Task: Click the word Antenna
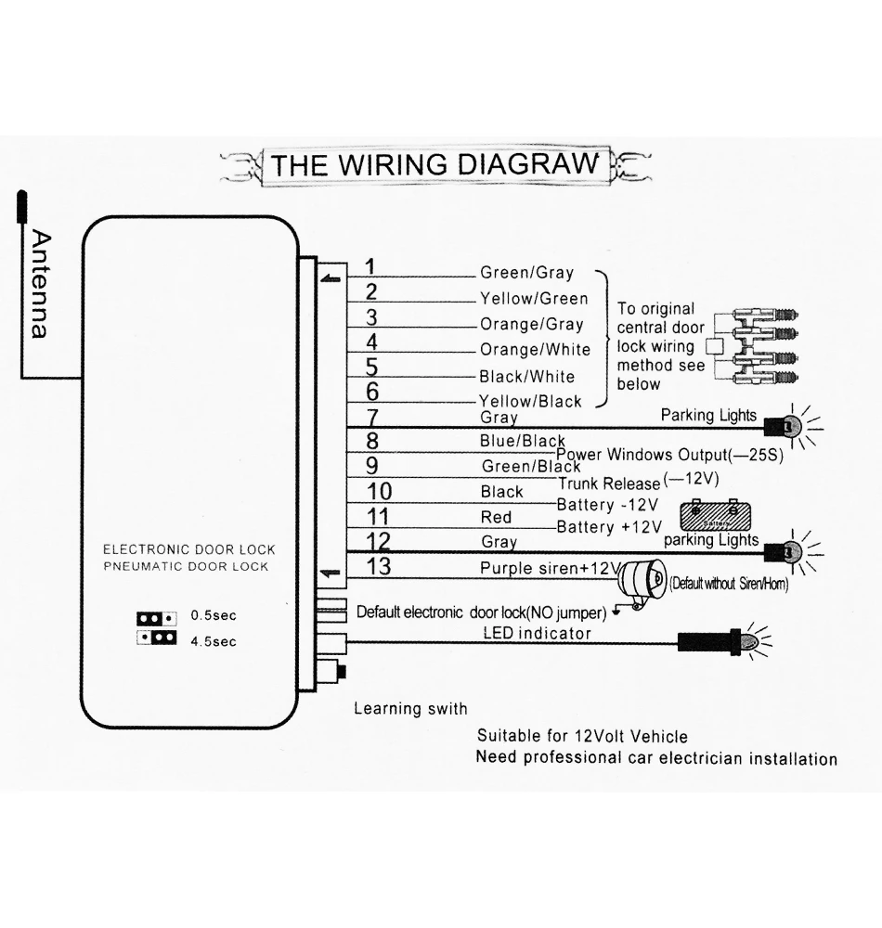click(x=38, y=284)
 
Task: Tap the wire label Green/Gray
click(x=526, y=273)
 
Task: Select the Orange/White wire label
click(x=535, y=350)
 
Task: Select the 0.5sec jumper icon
click(x=156, y=617)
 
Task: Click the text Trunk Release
click(x=609, y=483)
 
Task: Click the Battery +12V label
click(x=607, y=527)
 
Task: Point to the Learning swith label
click(x=410, y=709)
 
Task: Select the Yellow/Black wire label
click(x=530, y=402)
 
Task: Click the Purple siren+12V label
click(x=549, y=568)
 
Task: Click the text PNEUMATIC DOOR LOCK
click(x=186, y=566)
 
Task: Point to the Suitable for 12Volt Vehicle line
click(x=582, y=736)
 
